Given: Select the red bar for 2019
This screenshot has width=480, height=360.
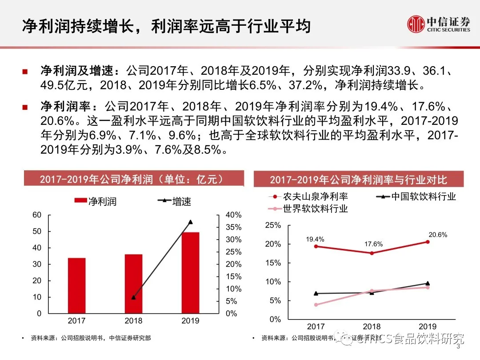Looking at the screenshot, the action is click(x=190, y=272).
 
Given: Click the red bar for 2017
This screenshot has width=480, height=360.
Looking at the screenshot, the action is click(x=76, y=285).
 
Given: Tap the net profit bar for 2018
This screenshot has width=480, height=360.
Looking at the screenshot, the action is click(x=133, y=284).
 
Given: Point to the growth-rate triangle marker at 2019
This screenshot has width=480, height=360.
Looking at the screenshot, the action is click(x=190, y=222).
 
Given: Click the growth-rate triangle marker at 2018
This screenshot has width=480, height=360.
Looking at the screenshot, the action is click(x=133, y=297).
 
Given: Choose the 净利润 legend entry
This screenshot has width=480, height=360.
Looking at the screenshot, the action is click(x=95, y=201).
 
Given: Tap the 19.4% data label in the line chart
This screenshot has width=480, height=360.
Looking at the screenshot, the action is click(x=315, y=239).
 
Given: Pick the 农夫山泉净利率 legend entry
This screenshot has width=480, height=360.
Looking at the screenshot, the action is click(x=309, y=196).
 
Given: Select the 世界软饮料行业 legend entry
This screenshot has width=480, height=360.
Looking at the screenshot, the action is click(x=309, y=208).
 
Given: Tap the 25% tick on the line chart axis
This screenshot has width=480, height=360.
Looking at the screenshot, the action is click(x=273, y=225).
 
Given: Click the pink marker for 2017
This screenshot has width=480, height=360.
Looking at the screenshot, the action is click(x=316, y=305).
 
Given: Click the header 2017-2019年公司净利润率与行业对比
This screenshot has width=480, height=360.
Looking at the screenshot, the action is click(x=358, y=180).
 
